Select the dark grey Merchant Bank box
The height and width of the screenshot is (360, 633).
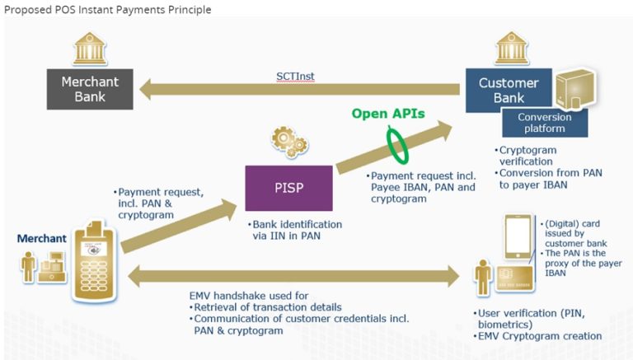click(x=90, y=89)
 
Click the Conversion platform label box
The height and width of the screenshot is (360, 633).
click(x=544, y=123)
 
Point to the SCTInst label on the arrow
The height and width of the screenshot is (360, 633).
click(x=294, y=76)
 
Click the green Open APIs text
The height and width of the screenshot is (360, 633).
click(x=388, y=114)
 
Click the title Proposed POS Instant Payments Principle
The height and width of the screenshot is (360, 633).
click(x=106, y=10)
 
